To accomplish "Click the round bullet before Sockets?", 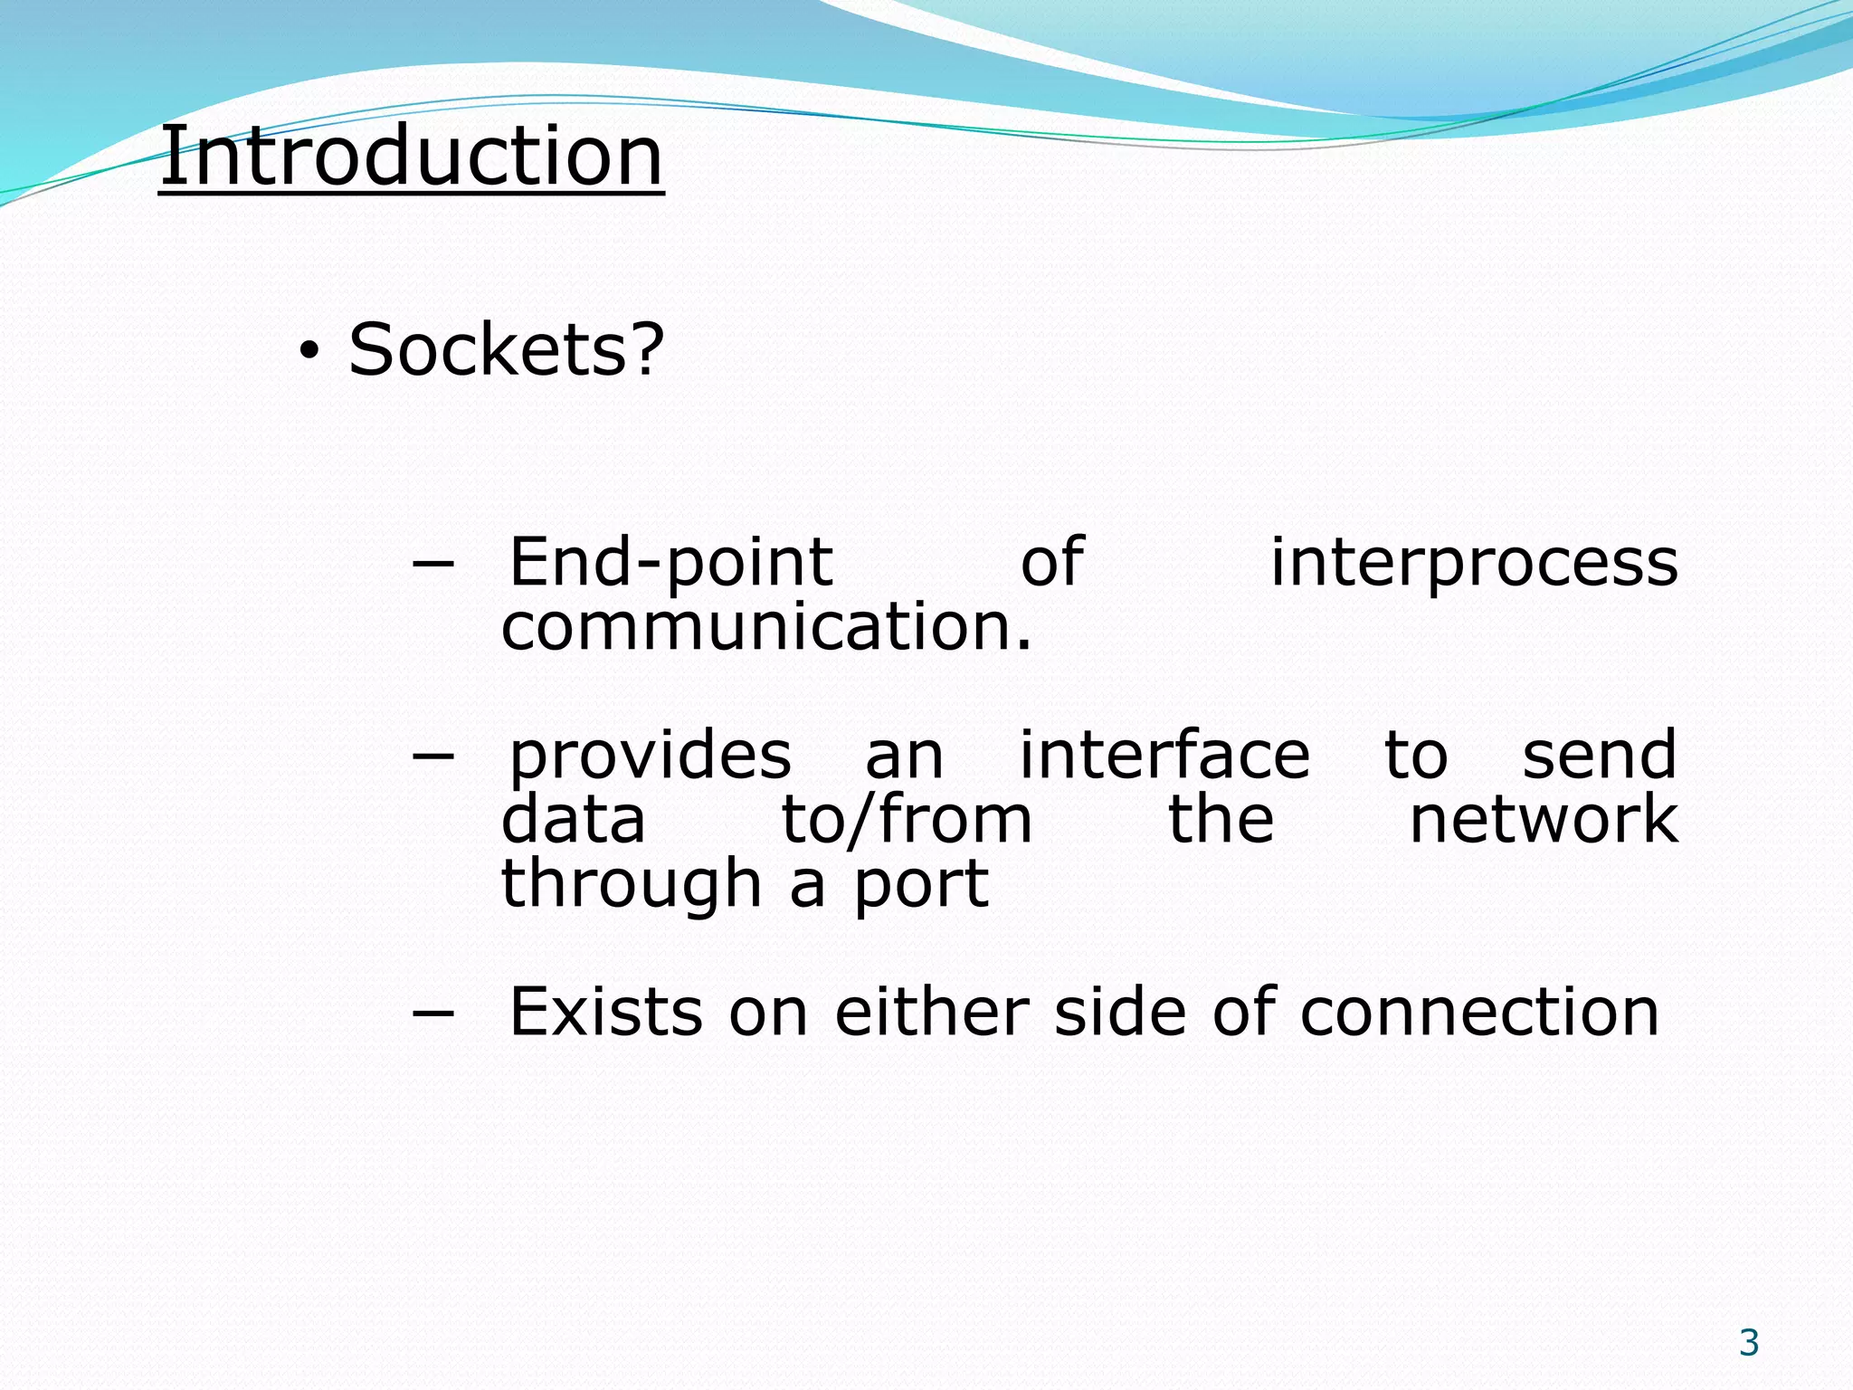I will tap(309, 353).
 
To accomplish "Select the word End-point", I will tap(670, 564).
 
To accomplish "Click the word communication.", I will tap(765, 627).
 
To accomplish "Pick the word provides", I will tap(650, 756).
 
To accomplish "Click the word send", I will tap(1600, 756).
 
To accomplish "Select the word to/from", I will tap(907, 819).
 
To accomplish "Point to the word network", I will tap(1544, 819).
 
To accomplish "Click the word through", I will tap(632, 884).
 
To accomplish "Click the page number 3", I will tap(1749, 1343).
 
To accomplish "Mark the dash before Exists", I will tap(432, 1014).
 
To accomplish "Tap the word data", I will tap(574, 819).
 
